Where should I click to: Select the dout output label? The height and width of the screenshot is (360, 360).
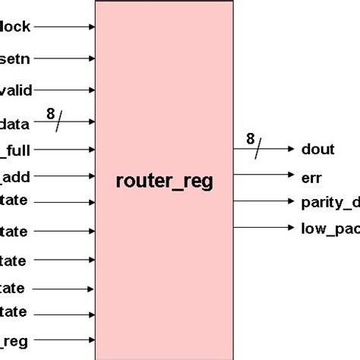317,150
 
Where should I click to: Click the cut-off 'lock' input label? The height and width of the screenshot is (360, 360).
15,27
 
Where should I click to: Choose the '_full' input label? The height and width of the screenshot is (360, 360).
15,151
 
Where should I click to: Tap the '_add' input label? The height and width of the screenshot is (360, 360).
15,177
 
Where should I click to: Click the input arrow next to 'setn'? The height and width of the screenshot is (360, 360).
64,58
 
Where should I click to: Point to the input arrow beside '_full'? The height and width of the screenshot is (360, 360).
64,151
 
